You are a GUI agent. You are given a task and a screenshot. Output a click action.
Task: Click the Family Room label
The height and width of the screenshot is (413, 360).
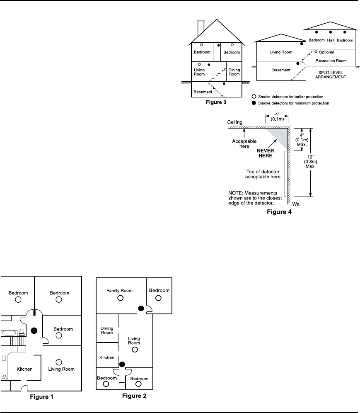tap(119, 290)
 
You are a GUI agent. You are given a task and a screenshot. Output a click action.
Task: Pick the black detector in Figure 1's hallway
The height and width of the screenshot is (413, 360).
tap(34, 330)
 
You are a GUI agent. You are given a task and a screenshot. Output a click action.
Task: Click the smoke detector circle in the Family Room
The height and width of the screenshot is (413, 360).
tap(120, 298)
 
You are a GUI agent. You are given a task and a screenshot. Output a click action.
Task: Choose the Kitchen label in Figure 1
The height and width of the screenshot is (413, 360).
tap(24, 369)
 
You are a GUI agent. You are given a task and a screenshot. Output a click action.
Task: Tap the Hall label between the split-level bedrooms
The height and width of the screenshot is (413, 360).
tap(330, 40)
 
